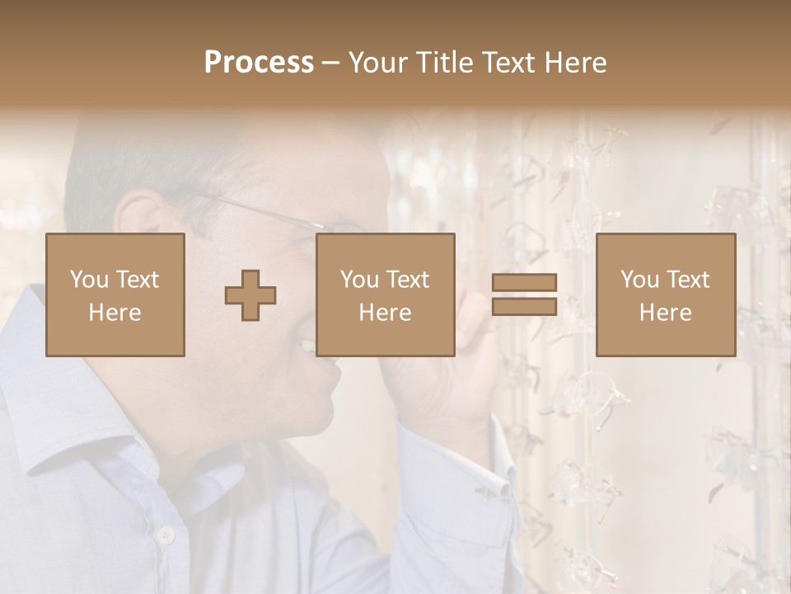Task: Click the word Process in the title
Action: point(259,63)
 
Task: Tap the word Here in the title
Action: point(575,63)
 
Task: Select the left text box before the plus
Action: point(115,295)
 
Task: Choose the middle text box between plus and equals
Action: point(385,295)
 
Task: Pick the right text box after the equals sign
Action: point(665,295)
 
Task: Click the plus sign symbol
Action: point(250,295)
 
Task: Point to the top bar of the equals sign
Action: point(524,282)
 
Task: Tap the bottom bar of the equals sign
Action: point(524,307)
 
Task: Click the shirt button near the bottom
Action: point(166,535)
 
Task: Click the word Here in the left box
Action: point(115,313)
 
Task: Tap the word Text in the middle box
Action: point(408,280)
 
